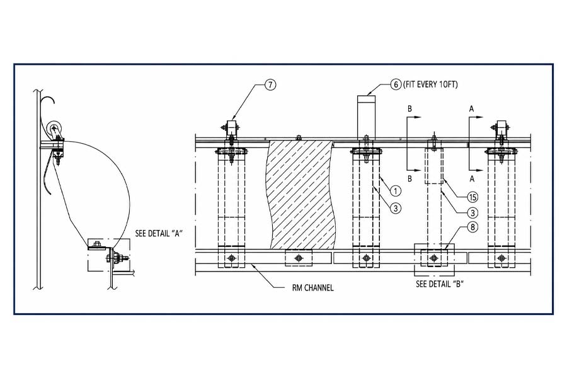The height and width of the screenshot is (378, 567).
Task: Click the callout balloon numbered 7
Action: point(270,84)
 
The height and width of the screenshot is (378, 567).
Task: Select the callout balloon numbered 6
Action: point(396,84)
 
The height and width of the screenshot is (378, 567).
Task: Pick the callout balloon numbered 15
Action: point(472,197)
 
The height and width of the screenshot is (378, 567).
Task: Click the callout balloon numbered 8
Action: point(472,227)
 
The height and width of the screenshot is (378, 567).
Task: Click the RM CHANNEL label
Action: point(312,288)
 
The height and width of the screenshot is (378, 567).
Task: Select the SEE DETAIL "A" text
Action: point(159,233)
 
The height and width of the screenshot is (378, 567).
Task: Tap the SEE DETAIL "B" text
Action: point(439,284)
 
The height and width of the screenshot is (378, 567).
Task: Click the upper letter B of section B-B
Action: point(409,109)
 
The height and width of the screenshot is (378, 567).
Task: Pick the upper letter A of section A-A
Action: point(471,109)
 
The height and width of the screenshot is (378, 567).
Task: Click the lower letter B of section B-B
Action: point(409,179)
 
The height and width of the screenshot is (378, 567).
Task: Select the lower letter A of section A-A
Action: point(471,179)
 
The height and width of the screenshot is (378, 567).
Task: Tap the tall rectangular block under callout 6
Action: point(367,117)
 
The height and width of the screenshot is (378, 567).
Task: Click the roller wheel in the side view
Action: point(54,129)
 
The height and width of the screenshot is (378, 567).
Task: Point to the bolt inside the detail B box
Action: point(433,258)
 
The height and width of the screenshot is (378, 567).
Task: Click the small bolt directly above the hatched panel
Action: point(299,137)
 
